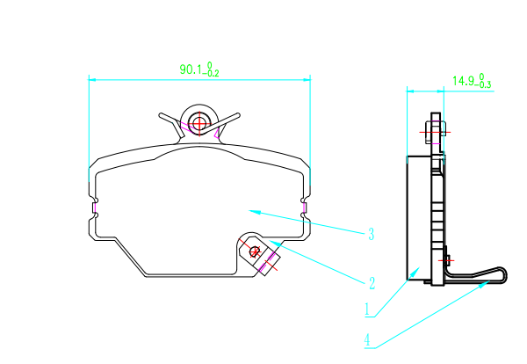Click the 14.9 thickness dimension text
[x=471, y=82]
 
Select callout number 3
[x=372, y=234]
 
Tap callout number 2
[x=372, y=283]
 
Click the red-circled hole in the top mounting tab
[x=199, y=123]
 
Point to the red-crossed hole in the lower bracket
[x=255, y=251]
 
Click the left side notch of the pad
[x=94, y=207]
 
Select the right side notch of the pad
[x=305, y=207]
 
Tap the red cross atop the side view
[x=434, y=132]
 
